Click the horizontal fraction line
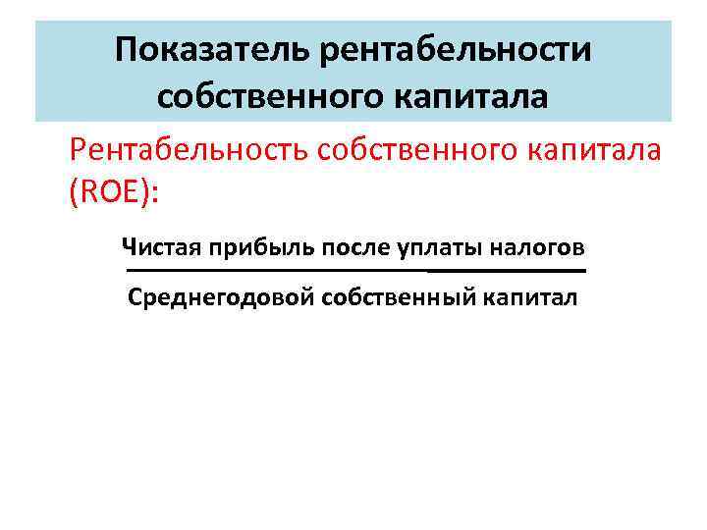(353, 270)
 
